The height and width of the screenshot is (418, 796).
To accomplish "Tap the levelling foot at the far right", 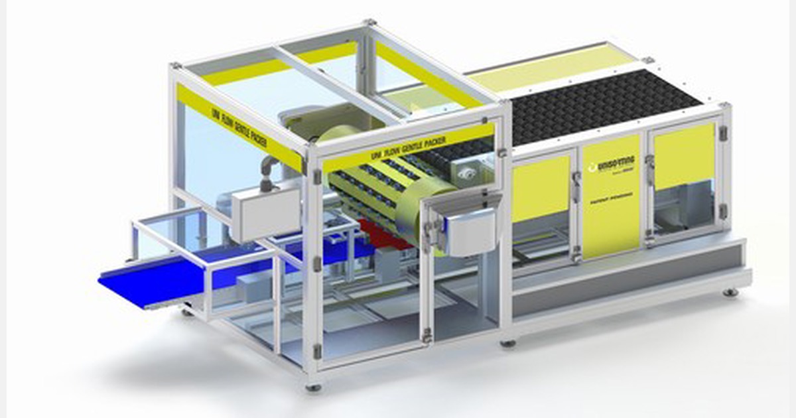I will [x=730, y=292].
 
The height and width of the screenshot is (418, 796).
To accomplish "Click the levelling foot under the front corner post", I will [x=313, y=387].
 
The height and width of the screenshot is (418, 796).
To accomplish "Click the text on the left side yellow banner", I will [x=239, y=126].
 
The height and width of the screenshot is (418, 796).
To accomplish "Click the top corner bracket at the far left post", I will [x=176, y=66].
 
